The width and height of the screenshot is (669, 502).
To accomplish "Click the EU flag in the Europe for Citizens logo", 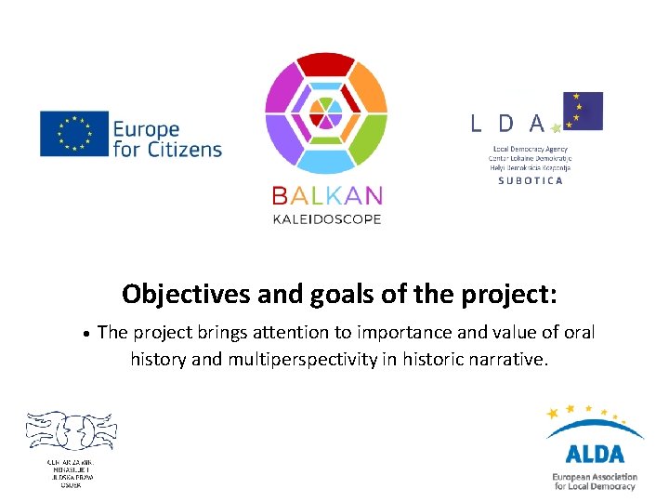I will coord(74,134).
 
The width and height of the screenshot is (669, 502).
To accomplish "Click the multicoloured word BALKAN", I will coord(326,196).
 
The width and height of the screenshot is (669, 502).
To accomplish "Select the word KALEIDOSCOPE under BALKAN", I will coord(326,218).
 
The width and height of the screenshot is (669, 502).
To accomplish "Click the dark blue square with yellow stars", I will coord(583,111).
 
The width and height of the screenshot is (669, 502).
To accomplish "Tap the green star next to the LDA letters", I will coord(557,127).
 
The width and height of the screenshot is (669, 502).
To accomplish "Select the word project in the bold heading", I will coord(507,295).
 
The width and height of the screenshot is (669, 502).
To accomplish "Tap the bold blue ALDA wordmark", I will coord(595,454).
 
